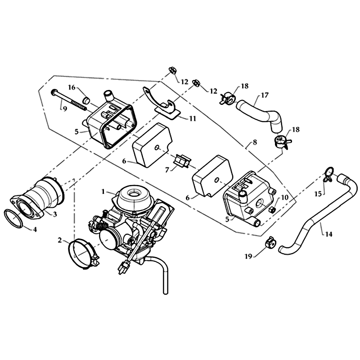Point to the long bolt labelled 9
tap(69, 101)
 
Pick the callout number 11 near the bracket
tap(193, 118)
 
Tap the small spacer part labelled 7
tap(182, 161)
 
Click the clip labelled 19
tap(269, 243)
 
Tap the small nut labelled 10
tap(272, 209)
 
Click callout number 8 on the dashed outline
tap(255, 142)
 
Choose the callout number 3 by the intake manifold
tap(54, 214)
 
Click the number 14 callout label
tap(328, 234)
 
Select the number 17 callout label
tap(265, 95)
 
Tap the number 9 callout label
tap(65, 109)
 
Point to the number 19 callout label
tap(248, 256)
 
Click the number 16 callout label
tap(72, 87)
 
